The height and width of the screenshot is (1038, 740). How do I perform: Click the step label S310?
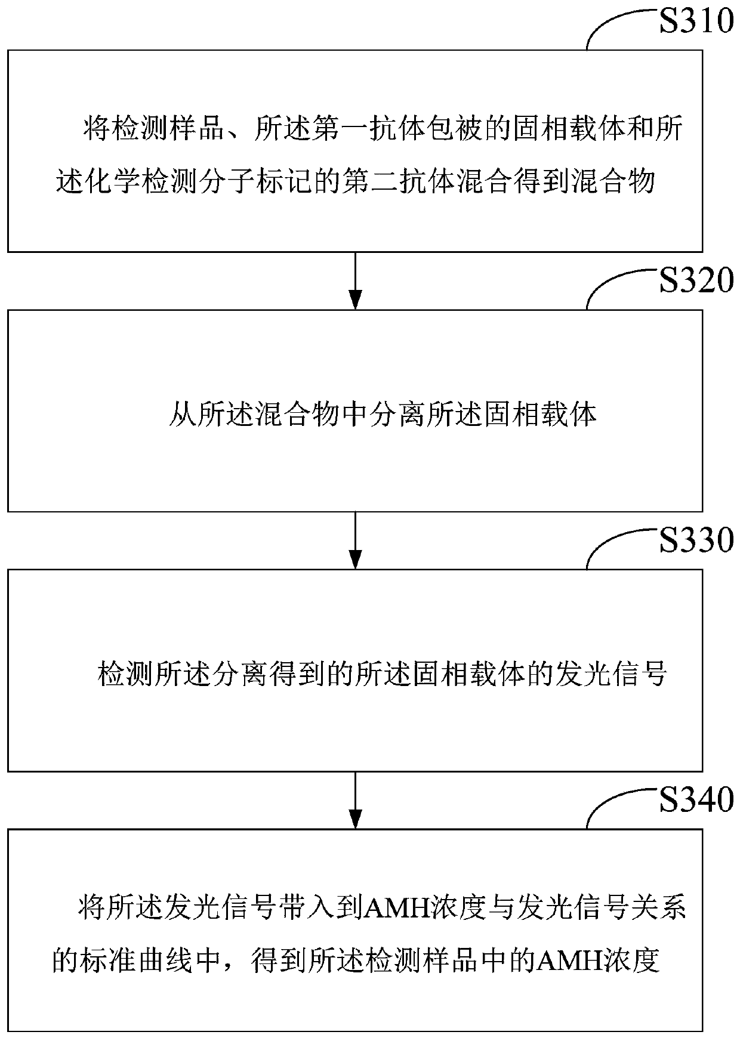click(x=696, y=22)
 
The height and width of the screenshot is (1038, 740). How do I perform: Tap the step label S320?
click(x=696, y=281)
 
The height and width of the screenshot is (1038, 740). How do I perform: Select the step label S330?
click(x=696, y=540)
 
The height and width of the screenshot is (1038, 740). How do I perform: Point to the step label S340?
click(x=696, y=800)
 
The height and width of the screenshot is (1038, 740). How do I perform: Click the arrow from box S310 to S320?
click(x=355, y=280)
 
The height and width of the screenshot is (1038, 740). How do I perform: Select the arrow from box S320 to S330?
click(x=355, y=540)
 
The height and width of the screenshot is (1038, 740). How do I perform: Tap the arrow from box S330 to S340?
click(x=355, y=799)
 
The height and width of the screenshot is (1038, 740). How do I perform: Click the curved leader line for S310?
click(x=615, y=24)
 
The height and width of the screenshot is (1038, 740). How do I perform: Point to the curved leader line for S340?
click(x=615, y=802)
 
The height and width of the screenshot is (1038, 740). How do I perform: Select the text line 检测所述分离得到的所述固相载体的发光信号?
click(x=382, y=675)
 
